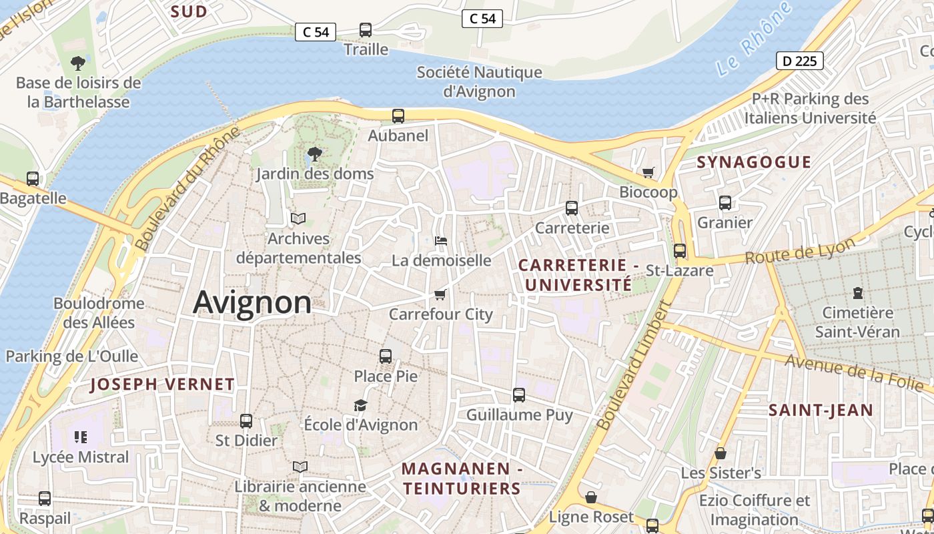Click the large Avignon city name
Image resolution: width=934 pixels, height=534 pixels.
[x=252, y=303]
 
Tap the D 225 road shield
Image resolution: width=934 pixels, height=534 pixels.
[x=800, y=61]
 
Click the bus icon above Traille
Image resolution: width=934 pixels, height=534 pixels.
[x=366, y=30]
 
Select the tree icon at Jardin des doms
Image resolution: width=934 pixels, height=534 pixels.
[x=314, y=156]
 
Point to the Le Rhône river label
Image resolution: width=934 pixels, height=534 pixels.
[x=754, y=39]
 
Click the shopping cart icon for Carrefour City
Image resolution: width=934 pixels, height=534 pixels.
[x=440, y=294]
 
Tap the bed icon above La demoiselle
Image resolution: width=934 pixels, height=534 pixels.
[x=440, y=241]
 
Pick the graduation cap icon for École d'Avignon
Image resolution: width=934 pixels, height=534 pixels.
[x=360, y=405]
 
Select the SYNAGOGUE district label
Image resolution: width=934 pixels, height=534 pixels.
[x=754, y=162]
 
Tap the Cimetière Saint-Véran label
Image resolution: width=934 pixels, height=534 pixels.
[x=857, y=322]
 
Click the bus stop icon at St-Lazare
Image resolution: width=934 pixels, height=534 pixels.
[x=680, y=251]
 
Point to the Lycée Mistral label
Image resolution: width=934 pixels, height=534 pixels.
[x=81, y=457]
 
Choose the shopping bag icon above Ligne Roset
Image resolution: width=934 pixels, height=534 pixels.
[x=591, y=497]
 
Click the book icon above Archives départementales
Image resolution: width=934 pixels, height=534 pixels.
[x=298, y=218]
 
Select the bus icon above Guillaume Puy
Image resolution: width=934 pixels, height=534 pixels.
[x=519, y=395]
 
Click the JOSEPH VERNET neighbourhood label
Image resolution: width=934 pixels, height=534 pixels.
[x=162, y=384]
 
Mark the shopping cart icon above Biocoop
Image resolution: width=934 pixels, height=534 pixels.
[x=648, y=173]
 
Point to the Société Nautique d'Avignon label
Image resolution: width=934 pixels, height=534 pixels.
[x=479, y=81]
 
